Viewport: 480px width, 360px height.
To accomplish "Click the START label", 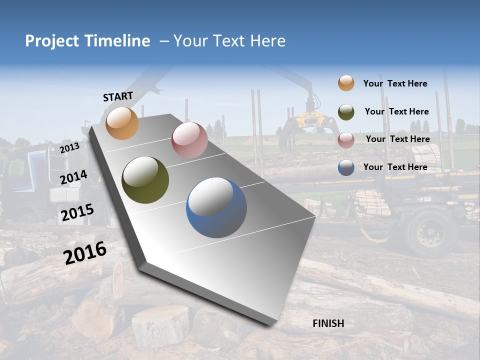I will (118, 96).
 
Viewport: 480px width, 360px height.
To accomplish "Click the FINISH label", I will (328, 323).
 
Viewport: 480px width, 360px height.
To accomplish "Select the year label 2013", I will (69, 148).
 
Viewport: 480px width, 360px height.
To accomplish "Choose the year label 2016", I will (85, 253).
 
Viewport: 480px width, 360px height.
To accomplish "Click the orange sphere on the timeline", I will (122, 123).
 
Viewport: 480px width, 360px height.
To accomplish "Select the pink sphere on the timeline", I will (189, 140).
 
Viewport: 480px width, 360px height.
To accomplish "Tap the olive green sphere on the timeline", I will (145, 180).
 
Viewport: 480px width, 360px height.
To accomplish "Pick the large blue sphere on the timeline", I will (216, 207).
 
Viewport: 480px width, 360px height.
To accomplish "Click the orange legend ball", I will (346, 83).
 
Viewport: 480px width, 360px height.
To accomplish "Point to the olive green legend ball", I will (346, 112).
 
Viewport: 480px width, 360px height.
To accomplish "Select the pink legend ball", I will (346, 140).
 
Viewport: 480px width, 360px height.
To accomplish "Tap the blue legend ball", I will (346, 167).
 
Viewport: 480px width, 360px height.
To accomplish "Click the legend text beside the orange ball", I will (395, 83).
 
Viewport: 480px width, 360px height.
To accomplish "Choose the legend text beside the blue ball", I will (395, 167).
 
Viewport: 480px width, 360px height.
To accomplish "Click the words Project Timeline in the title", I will (87, 41).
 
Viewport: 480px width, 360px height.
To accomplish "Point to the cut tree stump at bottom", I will (160, 325).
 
